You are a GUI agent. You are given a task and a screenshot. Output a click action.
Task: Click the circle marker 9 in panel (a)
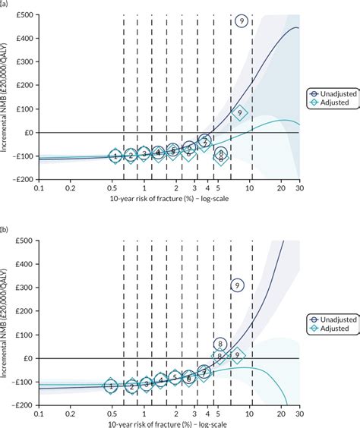241,21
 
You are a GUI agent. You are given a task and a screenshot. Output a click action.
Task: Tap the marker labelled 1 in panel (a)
115,156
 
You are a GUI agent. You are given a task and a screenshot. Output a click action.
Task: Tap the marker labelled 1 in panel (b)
111,386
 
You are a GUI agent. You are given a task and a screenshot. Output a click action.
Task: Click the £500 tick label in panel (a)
23,15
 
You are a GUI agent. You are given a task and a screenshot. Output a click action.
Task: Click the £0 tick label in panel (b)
27,358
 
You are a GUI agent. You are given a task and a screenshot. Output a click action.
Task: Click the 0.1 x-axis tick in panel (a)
38,187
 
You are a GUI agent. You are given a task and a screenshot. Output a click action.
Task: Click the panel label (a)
6,5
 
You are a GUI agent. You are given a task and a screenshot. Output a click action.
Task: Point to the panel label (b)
6,228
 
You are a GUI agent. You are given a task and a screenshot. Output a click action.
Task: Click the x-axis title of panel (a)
169,198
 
